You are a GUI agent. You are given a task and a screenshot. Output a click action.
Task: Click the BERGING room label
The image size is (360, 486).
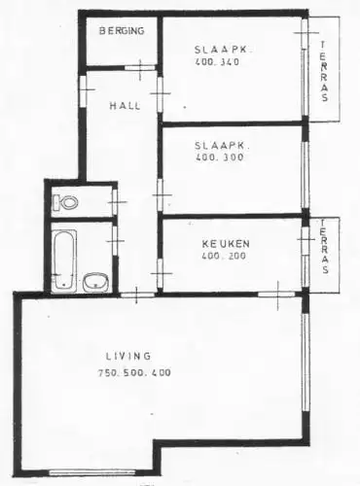click(x=124, y=31)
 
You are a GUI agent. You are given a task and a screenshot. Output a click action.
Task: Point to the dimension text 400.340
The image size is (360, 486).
click(x=215, y=63)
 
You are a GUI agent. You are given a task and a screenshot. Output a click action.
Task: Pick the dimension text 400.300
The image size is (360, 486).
click(x=216, y=156)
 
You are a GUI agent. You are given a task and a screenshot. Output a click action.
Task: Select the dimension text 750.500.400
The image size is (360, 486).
click(x=134, y=373)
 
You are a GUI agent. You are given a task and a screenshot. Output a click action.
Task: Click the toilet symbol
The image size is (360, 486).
click(x=66, y=202)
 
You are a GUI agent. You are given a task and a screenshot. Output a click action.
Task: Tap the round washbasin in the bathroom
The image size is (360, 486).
click(x=95, y=283)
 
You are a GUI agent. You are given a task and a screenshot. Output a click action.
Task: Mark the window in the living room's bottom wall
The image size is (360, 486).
click(x=91, y=471)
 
